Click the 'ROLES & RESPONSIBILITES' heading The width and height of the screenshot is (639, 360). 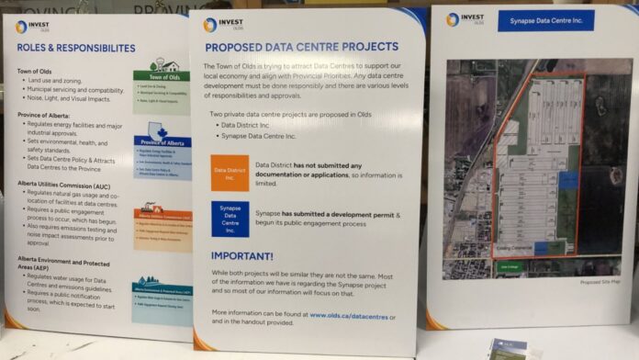[x=75, y=48]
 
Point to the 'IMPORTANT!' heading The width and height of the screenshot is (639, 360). [x=242, y=256]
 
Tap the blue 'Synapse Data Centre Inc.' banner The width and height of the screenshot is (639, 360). [x=545, y=20]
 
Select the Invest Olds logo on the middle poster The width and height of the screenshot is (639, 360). [x=221, y=25]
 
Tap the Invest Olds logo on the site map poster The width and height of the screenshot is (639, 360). [x=465, y=18]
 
